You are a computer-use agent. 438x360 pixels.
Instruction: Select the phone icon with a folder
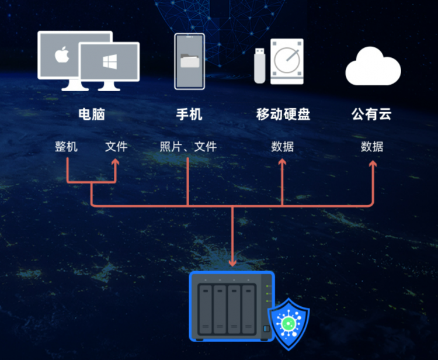189,61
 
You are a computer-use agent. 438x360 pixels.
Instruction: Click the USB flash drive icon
259,65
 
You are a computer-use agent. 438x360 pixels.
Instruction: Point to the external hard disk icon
287,61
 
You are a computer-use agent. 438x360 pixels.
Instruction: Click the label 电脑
92,114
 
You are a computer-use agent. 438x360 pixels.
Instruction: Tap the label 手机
189,114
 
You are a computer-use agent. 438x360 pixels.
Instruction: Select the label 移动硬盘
283,114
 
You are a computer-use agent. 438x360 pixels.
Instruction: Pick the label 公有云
372,114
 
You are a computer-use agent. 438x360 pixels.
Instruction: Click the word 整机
67,146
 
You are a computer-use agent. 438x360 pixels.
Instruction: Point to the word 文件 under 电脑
116,146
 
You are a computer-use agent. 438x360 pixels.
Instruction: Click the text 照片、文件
188,146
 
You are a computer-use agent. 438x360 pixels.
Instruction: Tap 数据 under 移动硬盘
283,146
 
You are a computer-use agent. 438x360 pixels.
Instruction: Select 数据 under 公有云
372,146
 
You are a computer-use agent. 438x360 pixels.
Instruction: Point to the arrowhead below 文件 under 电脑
116,164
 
